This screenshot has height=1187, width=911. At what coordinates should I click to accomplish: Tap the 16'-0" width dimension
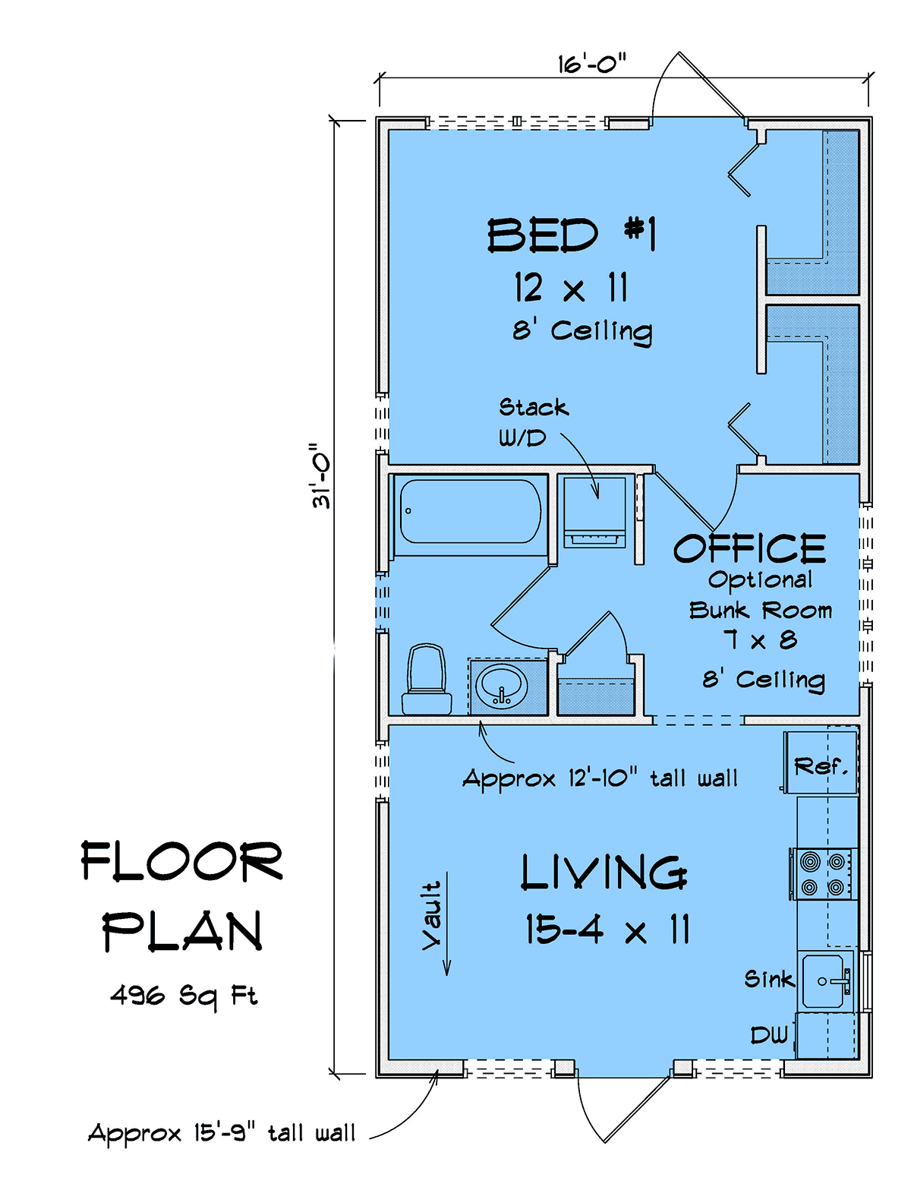click(591, 64)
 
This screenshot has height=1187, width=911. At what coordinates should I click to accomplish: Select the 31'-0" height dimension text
click(321, 475)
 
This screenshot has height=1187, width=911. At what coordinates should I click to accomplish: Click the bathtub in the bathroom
click(470, 511)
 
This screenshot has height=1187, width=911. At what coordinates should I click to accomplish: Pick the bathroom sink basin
click(502, 687)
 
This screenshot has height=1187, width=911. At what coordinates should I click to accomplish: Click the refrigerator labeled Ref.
click(820, 762)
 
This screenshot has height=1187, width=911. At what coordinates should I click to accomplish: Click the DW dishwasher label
click(769, 1034)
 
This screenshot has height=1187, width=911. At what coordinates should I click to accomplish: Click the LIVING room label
click(604, 873)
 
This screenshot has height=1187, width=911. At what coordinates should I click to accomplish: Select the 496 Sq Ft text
click(184, 996)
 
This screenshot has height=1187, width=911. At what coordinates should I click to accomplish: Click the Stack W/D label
click(533, 422)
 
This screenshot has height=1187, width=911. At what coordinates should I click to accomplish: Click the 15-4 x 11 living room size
click(607, 929)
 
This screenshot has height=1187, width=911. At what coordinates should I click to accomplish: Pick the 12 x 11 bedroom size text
click(571, 288)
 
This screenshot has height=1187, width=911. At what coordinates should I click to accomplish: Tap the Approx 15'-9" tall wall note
click(222, 1134)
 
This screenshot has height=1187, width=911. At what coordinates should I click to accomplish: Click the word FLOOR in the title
click(181, 860)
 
